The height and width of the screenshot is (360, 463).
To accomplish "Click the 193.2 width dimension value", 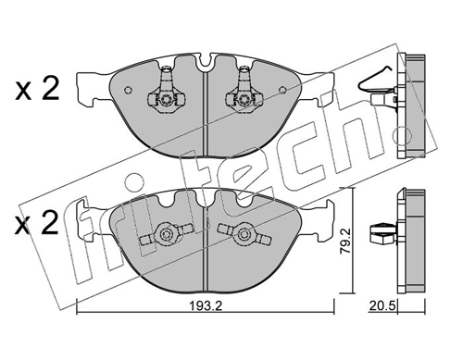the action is pyautogui.click(x=206, y=306).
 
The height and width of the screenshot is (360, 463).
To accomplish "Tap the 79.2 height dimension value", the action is pyautogui.click(x=345, y=242).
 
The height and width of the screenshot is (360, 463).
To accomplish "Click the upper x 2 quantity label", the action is pyautogui.click(x=37, y=89).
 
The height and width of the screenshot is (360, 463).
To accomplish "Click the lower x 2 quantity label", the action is pyautogui.click(x=37, y=223).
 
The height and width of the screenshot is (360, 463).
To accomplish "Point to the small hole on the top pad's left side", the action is pyautogui.click(x=128, y=90).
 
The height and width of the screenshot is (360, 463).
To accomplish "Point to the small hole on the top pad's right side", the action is pyautogui.click(x=282, y=90).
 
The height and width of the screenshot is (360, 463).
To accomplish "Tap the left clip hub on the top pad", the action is pyautogui.click(x=167, y=99).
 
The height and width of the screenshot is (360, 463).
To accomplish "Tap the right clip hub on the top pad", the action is pyautogui.click(x=244, y=99).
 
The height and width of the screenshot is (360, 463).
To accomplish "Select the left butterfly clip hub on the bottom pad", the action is pyautogui.click(x=166, y=234).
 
